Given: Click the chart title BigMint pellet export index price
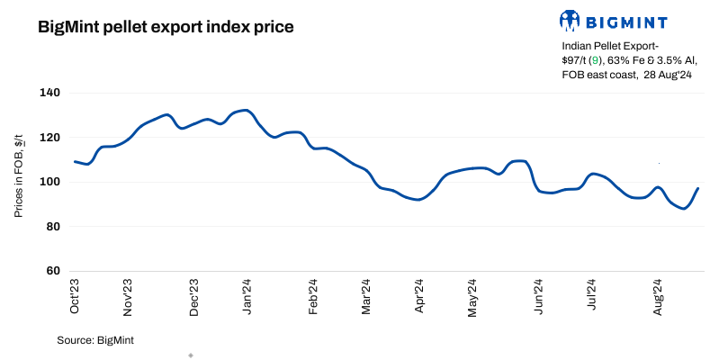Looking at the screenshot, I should pos(166,27).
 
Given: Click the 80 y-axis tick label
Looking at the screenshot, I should pos(52,226).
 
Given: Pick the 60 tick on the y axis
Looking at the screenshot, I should pos(52,271).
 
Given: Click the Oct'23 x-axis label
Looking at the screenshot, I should pos(76,296).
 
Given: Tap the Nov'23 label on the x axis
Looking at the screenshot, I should pos(129,296).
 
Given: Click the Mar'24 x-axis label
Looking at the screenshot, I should pos(366,296).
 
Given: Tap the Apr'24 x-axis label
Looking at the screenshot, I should pos(419,296).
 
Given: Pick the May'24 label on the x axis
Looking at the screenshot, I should pos(473,296).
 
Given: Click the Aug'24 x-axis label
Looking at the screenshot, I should pos(658,296).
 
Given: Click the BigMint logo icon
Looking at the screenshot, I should pos(570,20).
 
